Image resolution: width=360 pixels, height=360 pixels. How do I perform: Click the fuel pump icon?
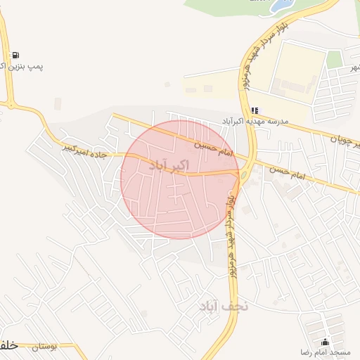coord(15,55)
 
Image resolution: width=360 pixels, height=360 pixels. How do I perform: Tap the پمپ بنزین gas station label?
coord(25,67)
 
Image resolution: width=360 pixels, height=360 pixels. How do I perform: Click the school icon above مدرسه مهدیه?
coord(255,110)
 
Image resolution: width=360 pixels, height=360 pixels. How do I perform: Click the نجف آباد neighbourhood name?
coord(224,306)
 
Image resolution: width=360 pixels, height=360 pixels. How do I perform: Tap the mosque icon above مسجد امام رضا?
coord(324,341)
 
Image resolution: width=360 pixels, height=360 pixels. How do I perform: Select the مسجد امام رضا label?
coord(324,351)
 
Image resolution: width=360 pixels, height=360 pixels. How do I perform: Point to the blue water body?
coord(282,6)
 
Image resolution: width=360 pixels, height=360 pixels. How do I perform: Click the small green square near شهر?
coord(334,59)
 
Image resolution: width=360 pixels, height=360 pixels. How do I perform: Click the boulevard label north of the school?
coord(258,62)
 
